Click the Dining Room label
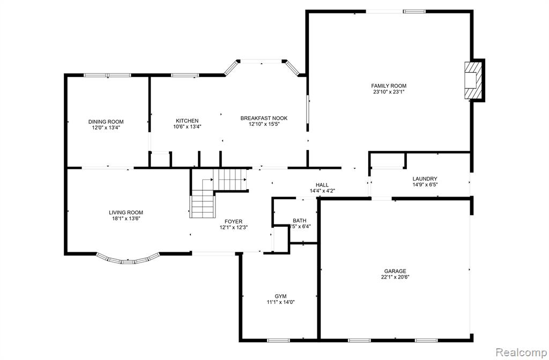tap(106, 122)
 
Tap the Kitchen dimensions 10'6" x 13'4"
tap(187, 126)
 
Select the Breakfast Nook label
tap(264, 118)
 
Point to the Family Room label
tap(389, 86)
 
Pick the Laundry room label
tap(425, 179)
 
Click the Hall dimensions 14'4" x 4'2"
tap(322, 191)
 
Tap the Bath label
tap(300, 220)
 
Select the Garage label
tap(395, 271)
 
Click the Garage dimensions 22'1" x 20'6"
tap(395, 277)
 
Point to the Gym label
tap(280, 296)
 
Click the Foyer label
tap(234, 221)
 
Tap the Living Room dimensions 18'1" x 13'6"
tap(126, 219)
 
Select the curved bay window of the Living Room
tap(128, 260)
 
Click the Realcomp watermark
tap(522, 351)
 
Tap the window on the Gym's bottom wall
tap(278, 340)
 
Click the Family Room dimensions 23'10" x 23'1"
tap(389, 92)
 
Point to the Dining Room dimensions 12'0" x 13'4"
tap(106, 127)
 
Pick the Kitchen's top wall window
tap(185, 75)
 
